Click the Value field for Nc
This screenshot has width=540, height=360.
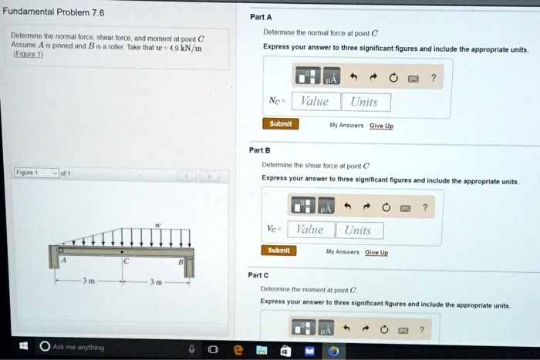tap(314, 103)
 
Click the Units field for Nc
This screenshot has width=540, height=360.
tap(364, 103)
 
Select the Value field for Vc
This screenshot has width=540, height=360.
tap(310, 230)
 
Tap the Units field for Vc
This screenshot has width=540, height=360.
tap(358, 230)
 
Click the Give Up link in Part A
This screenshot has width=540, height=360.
tap(381, 126)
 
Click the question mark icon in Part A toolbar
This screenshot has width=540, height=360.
tap(434, 77)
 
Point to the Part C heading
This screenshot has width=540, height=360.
tap(258, 274)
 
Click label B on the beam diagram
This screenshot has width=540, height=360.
tap(180, 261)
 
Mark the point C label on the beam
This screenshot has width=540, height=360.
tap(123, 261)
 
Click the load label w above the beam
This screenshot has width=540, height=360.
tap(159, 225)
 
